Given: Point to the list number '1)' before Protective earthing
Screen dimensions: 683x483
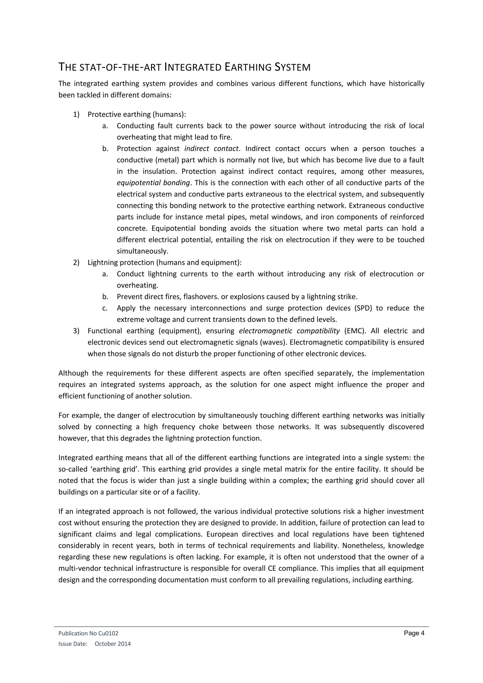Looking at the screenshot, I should (x=76, y=115).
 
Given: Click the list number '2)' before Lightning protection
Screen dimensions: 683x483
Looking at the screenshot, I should (x=76, y=263).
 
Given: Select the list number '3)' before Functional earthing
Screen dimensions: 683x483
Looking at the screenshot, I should (x=76, y=331).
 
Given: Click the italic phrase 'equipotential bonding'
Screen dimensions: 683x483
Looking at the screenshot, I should (x=153, y=183).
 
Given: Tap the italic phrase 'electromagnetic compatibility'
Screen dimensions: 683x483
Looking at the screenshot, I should (x=289, y=331).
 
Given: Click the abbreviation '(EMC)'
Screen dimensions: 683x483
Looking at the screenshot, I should (x=354, y=331).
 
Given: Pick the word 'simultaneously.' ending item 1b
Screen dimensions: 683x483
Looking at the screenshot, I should (x=142, y=251).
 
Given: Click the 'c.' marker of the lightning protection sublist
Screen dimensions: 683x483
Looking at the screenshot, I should (x=105, y=308).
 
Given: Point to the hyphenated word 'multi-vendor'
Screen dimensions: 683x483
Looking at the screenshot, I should (x=78, y=568).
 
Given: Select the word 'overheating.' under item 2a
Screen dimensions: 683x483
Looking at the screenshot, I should (x=137, y=286).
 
